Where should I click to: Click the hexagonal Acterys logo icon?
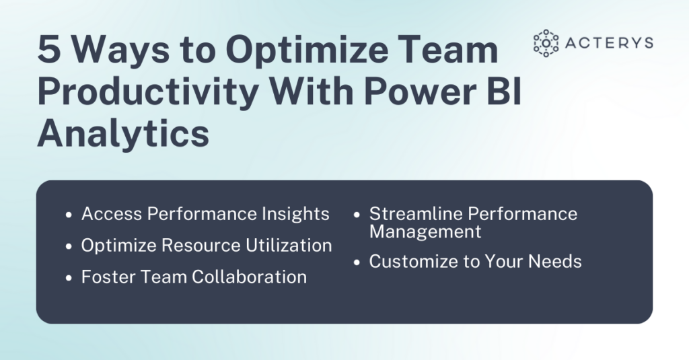(x=546, y=43)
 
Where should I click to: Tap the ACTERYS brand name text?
(x=610, y=43)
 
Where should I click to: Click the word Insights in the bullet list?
(x=297, y=214)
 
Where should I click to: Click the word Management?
(x=425, y=232)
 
